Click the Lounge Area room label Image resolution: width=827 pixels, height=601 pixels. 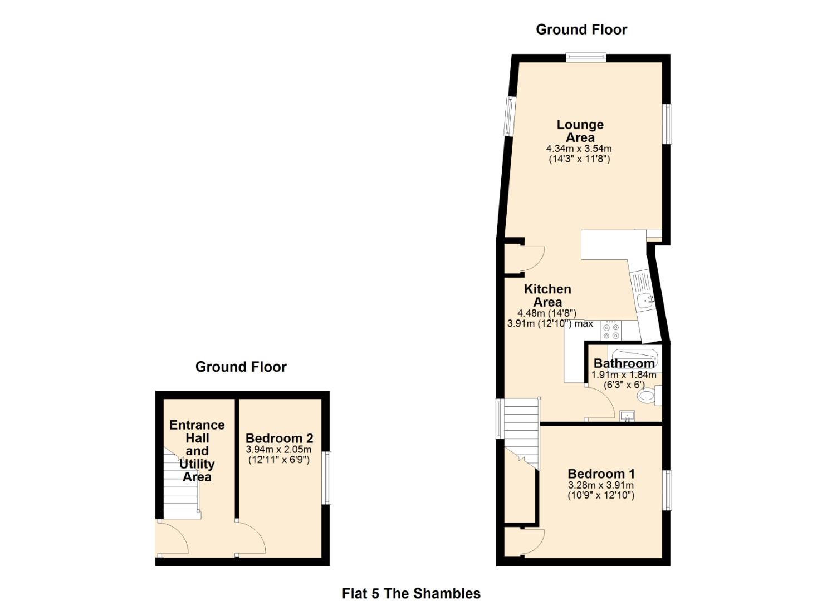(580, 131)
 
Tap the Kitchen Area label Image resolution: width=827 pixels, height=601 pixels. (547, 295)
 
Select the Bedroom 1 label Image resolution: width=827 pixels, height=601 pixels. (601, 474)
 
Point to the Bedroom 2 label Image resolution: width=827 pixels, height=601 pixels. (279, 439)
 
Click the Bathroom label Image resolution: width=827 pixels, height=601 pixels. (624, 363)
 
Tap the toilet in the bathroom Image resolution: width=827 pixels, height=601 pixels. (647, 396)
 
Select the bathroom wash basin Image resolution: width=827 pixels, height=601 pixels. (628, 416)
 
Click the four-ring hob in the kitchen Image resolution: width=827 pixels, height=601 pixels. (610, 331)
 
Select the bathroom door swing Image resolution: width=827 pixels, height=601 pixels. (600, 403)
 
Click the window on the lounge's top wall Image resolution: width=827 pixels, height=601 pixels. (586, 57)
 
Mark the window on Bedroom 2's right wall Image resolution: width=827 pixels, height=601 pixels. (326, 478)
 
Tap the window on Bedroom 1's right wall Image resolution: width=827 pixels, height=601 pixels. (667, 490)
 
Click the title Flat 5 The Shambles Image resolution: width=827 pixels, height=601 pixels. (411, 593)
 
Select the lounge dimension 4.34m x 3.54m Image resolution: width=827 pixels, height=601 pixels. (579, 149)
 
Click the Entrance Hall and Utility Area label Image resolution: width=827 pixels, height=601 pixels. (197, 451)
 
